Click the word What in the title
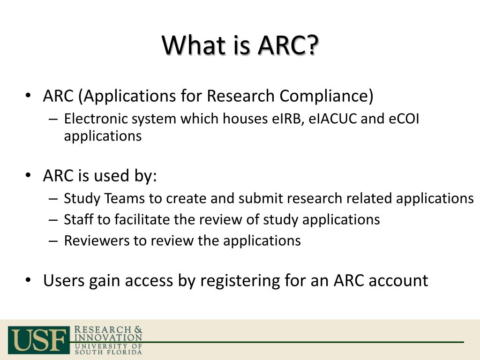coord(193,45)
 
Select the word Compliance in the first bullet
coord(326,96)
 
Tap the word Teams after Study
coord(125,198)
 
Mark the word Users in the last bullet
coord(64,280)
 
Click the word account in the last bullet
coord(398,281)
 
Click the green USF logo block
coord(39,340)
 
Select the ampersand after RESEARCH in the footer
coord(138,330)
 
